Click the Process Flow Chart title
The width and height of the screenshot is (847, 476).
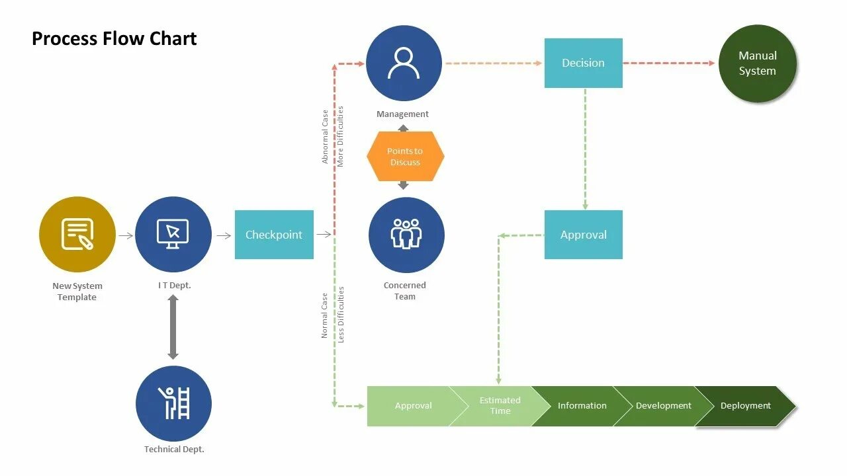114,38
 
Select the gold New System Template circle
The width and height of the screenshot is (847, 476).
77,234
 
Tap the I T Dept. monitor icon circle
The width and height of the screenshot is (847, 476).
173,234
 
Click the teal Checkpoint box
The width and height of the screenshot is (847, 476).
274,235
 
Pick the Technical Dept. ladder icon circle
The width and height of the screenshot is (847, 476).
173,403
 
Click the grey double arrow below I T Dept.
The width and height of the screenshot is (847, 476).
173,327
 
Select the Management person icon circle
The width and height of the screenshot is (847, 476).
404,63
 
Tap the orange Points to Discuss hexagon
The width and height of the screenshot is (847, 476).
405,157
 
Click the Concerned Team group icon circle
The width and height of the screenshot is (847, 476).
406,235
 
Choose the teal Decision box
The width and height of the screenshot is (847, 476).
583,63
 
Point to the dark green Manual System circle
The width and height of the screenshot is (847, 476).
758,63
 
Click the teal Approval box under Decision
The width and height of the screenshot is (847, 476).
583,235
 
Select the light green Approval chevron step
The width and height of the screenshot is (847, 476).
410,406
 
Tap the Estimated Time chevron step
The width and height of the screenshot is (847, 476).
500,406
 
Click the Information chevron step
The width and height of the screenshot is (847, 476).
581,406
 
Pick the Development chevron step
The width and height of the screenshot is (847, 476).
663,406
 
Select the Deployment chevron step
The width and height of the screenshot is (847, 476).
745,406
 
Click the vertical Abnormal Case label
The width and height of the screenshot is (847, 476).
325,137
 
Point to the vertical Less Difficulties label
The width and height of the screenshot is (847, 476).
341,314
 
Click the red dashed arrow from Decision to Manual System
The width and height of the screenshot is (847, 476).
668,63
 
